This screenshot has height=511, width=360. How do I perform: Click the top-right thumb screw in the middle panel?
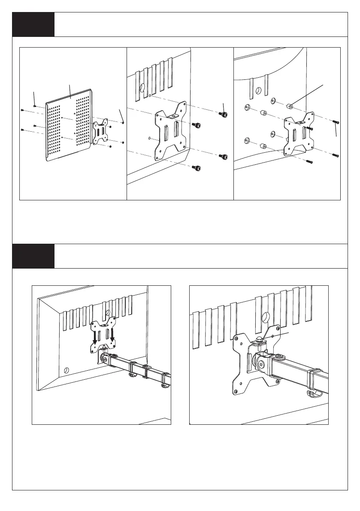tap(224, 114)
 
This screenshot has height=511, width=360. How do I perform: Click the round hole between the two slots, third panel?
tap(258, 91)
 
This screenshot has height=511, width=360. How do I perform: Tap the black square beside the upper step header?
tap(33, 24)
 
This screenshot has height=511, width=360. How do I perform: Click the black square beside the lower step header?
tap(33, 256)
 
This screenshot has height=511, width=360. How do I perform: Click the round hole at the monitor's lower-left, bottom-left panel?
tap(66, 370)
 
